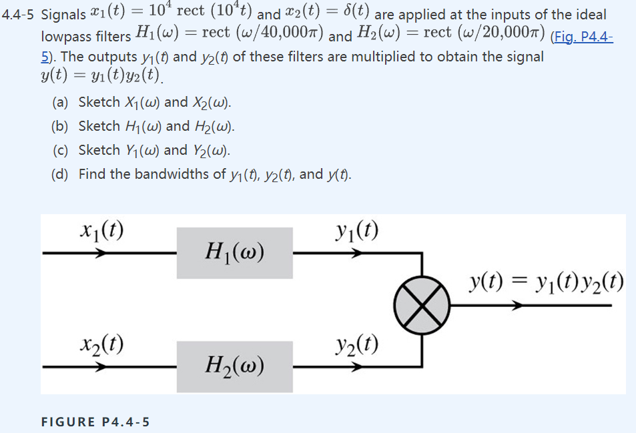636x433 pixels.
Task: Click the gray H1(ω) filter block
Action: (234, 253)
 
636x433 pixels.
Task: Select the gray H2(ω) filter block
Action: (234, 366)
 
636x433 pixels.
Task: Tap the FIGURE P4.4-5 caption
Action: (95, 422)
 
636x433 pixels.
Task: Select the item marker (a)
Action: (61, 102)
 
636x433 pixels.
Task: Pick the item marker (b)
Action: (61, 126)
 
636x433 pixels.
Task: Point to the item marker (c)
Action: (61, 150)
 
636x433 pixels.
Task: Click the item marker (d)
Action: (61, 174)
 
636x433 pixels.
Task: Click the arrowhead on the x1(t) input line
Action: (99, 254)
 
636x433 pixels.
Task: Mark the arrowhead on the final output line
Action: (518, 306)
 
